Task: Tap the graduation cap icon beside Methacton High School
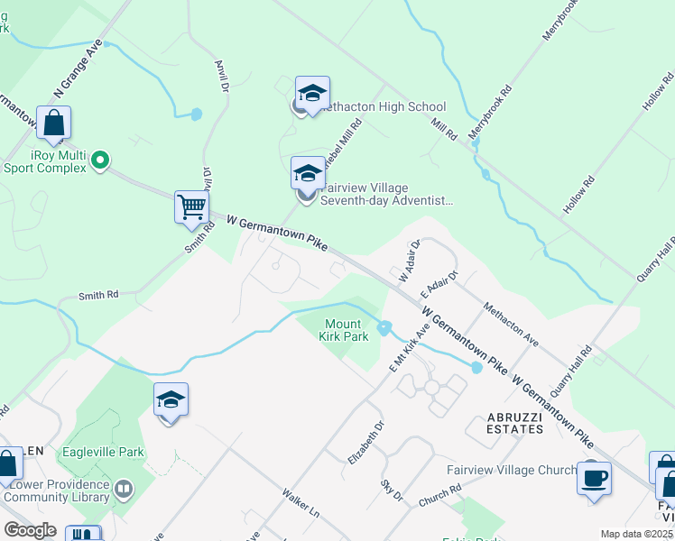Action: [312, 93]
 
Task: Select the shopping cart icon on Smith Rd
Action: [191, 206]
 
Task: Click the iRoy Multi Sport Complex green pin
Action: [100, 161]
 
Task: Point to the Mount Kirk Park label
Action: [345, 330]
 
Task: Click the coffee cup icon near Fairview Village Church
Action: [594, 478]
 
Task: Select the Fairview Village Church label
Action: [511, 470]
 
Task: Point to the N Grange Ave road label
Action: [76, 70]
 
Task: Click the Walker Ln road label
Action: [301, 503]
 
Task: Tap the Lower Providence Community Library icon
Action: [124, 490]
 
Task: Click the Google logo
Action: [30, 530]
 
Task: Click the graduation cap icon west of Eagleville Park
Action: [171, 399]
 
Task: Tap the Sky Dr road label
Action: [391, 491]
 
